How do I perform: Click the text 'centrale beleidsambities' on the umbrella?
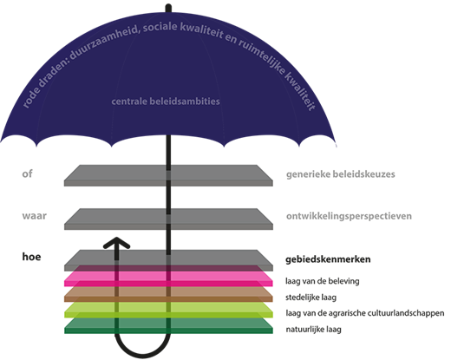coord(166,101)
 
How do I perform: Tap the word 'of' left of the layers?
coord(27,173)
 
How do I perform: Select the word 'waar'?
coord(35,216)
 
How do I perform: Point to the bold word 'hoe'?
coord(31,257)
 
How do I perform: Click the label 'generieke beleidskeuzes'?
coord(341,174)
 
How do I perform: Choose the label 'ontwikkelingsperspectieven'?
coord(349,216)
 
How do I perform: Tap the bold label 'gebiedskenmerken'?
coord(328,259)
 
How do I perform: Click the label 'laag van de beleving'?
coord(323,281)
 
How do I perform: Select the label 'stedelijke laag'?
coord(310,298)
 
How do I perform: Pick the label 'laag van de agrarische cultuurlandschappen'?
coord(365,313)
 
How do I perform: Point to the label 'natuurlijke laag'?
coord(313,329)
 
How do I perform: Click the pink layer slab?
coord(168,279)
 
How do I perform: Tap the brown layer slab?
coord(168,295)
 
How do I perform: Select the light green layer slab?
coord(168,311)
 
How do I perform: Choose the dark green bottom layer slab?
coord(168,326)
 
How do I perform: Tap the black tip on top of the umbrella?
coord(168,8)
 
